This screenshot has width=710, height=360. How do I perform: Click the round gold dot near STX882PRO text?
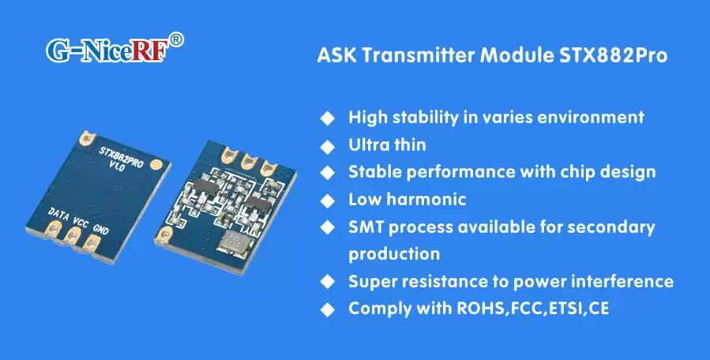click(158, 165)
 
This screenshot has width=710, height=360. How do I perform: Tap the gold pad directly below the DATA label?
click(55, 229)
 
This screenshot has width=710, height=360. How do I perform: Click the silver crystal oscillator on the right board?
click(234, 242)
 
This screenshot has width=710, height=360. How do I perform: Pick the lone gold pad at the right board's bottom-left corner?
click(167, 234)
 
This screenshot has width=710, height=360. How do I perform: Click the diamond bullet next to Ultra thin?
click(326, 145)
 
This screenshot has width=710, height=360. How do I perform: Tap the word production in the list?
click(394, 254)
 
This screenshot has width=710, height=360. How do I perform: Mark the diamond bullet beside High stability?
click(326, 118)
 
